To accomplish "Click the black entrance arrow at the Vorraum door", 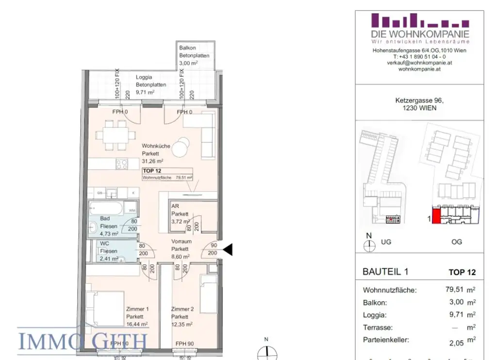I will coord(228,250).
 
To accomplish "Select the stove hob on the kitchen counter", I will coord(121,164).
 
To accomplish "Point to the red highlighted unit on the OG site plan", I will coord(436,215).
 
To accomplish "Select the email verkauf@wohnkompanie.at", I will coord(420,63).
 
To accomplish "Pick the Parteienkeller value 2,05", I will coord(457,343).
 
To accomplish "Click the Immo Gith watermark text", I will coord(83,340).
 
